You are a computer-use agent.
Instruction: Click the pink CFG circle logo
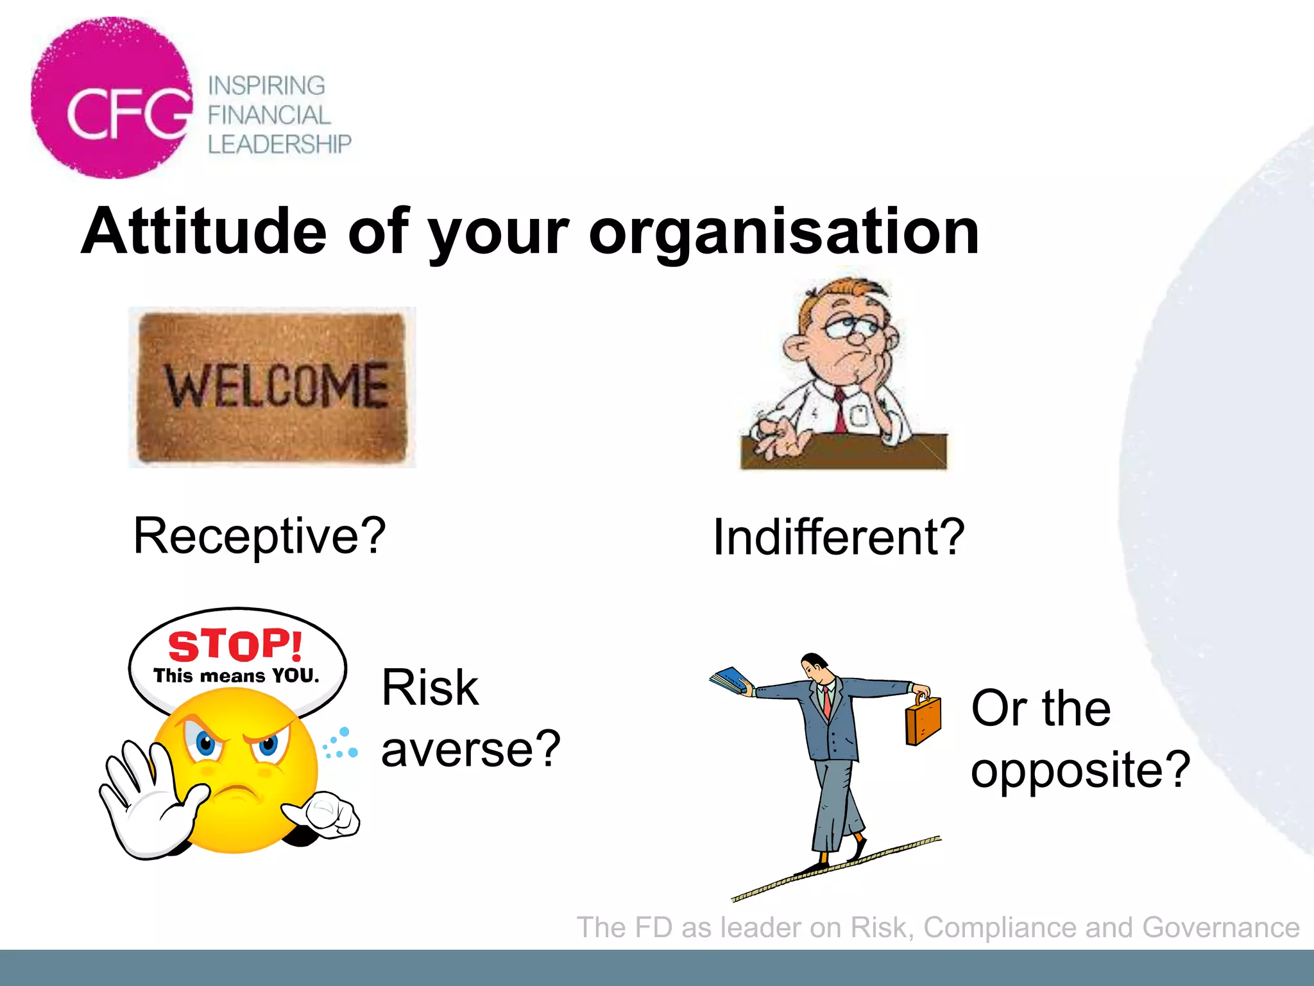tap(112, 98)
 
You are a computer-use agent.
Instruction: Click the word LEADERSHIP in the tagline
tap(279, 144)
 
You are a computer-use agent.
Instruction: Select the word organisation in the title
tap(783, 232)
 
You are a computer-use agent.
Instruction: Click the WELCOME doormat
tap(272, 387)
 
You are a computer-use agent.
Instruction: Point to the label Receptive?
tap(259, 536)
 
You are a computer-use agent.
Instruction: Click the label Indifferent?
tap(839, 537)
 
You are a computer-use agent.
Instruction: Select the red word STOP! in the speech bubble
tap(235, 645)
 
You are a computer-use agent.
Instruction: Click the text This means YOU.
tap(236, 676)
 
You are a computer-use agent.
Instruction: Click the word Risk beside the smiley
tap(430, 688)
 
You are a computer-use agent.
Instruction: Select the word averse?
tap(471, 750)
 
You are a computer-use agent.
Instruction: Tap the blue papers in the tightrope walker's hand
tap(730, 680)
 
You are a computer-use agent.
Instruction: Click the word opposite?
tap(1080, 770)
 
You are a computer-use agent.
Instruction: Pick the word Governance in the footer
tap(1220, 928)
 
